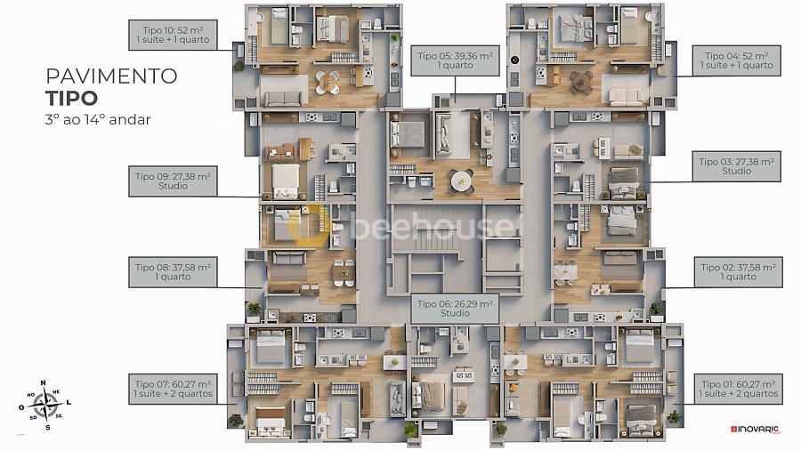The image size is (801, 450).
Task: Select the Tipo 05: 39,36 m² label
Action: pyautogui.click(x=455, y=60)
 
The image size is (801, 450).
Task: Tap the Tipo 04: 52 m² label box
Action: pyautogui.click(x=737, y=60)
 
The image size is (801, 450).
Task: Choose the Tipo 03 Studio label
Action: pyautogui.click(x=737, y=166)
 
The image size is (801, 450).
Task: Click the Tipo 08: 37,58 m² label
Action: pyautogui.click(x=173, y=271)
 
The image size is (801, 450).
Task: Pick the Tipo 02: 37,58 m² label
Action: pyautogui.click(x=737, y=272)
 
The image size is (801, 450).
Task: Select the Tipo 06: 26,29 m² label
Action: pyautogui.click(x=455, y=309)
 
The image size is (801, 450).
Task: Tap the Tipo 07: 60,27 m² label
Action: pyautogui.click(x=173, y=388)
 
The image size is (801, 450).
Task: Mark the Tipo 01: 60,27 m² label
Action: pyautogui.click(x=737, y=388)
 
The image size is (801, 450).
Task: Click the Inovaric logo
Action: pyautogui.click(x=755, y=430)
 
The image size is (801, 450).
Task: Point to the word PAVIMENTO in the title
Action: pyautogui.click(x=110, y=76)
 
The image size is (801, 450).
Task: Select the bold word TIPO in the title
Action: pyautogui.click(x=71, y=97)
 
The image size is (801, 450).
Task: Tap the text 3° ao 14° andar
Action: pyautogui.click(x=98, y=118)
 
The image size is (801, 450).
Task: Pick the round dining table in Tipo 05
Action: pyautogui.click(x=461, y=181)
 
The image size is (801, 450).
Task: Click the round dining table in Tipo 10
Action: pyautogui.click(x=328, y=82)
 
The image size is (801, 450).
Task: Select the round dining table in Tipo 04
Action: pyautogui.click(x=581, y=82)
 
